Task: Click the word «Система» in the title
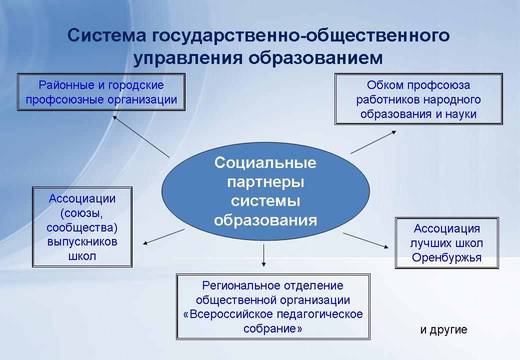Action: point(107,35)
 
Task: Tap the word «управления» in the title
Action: point(188,58)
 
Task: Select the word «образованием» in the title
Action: point(315,57)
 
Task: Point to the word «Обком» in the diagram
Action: point(385,85)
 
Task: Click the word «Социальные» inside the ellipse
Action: point(265,163)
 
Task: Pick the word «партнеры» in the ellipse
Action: point(265,182)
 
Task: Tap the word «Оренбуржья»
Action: point(446,258)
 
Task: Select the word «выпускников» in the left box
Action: point(82,242)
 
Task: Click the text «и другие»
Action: point(443,329)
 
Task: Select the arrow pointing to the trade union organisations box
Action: point(141,136)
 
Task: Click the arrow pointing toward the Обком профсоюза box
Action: point(373,142)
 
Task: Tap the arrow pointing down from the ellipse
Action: point(263,255)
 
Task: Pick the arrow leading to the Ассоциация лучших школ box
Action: point(366,240)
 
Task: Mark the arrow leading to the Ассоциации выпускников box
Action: point(163,236)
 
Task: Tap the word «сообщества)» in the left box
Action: point(82,228)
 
